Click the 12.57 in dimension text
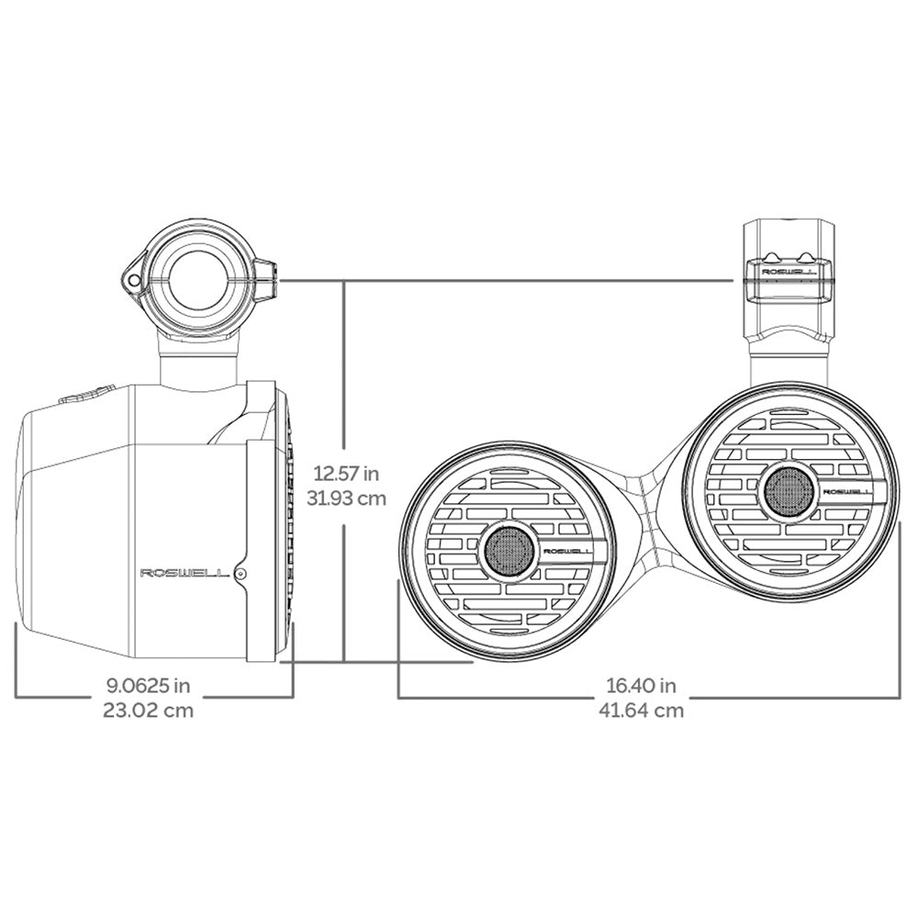click(344, 475)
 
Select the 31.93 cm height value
click(344, 498)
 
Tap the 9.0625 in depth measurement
click(149, 685)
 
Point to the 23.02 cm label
click(149, 710)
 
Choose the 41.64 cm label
click(643, 710)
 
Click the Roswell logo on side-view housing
click(184, 573)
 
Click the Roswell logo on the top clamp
click(783, 271)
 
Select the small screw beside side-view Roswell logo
click(241, 573)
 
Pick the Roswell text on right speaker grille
click(846, 492)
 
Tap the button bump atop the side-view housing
click(87, 394)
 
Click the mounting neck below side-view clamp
click(199, 361)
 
